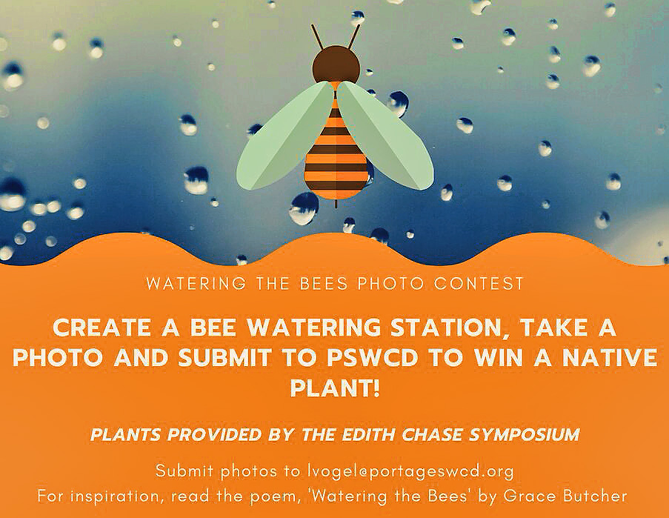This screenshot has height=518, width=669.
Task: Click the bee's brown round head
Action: coord(336,64)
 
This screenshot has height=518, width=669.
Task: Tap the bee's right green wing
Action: coord(385,136)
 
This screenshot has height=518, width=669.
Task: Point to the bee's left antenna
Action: coord(317,37)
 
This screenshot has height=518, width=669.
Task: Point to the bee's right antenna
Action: coord(353,37)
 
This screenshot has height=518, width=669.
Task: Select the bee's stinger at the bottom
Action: coord(336,204)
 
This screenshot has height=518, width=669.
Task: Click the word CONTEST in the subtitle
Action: coord(479,284)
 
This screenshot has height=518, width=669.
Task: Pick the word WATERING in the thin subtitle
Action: coord(196,284)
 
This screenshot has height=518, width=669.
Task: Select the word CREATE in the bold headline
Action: coord(101,328)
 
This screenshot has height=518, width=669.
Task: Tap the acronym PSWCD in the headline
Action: coord(372,358)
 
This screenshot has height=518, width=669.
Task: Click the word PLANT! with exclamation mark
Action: coord(335,388)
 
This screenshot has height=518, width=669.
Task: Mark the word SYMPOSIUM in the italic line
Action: coord(525,435)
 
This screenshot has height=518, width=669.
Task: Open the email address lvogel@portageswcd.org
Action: coord(410,471)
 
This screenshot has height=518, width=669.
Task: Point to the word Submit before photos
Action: coord(184,471)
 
